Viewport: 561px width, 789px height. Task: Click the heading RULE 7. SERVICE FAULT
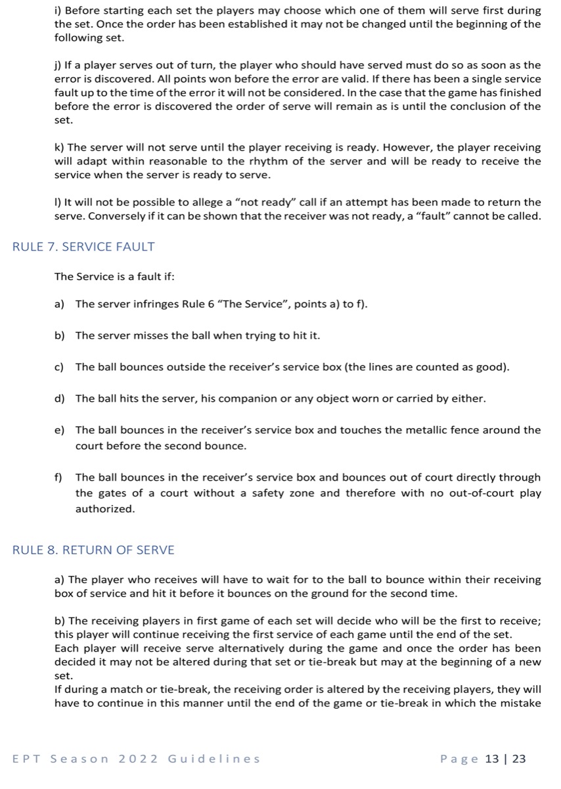(x=83, y=247)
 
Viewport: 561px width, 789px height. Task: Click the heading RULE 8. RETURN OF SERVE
(x=93, y=550)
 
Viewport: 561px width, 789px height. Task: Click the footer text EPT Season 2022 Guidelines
(x=136, y=759)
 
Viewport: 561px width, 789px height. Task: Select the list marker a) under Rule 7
(x=59, y=304)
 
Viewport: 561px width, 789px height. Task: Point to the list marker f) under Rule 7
(x=58, y=477)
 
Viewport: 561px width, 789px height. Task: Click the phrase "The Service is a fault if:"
(x=114, y=277)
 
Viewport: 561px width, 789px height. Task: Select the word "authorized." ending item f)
(x=105, y=509)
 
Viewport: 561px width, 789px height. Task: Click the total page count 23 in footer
(x=519, y=759)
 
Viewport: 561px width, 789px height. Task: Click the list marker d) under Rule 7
(x=59, y=398)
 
